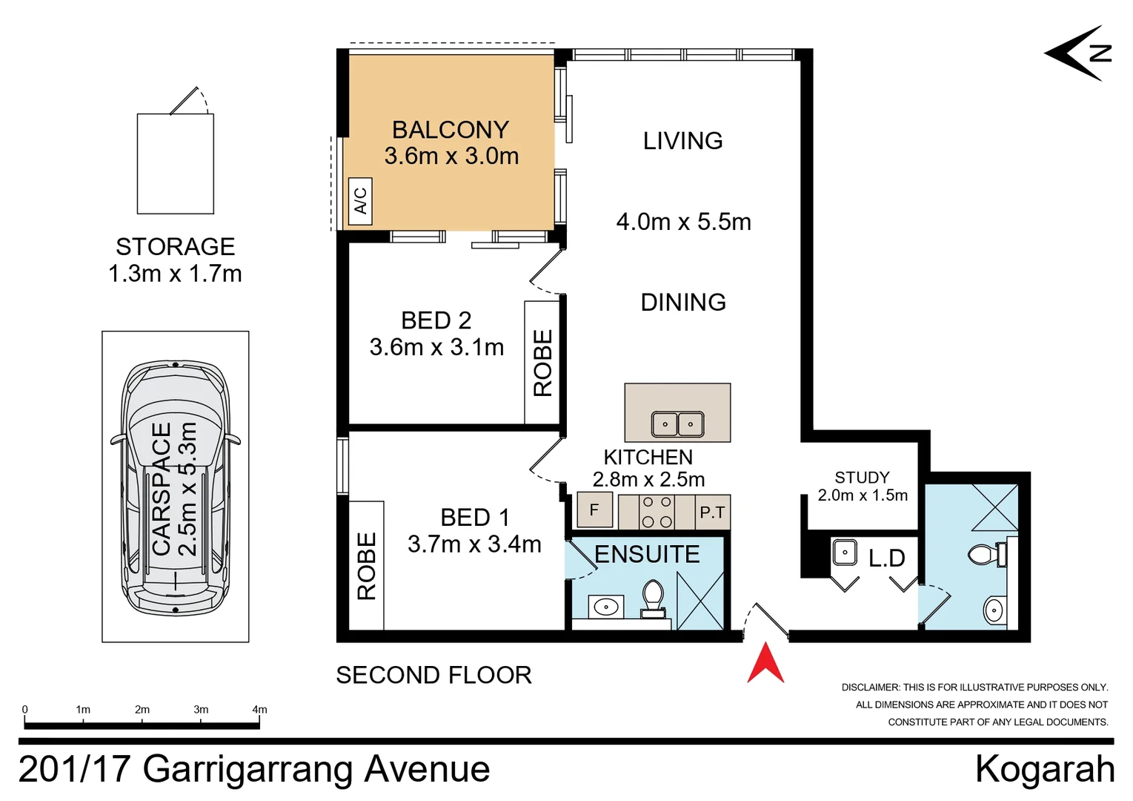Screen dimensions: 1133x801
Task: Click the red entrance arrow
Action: click(x=765, y=665)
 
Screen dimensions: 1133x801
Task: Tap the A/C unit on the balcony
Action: click(x=360, y=201)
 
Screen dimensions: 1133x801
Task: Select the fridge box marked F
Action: click(x=594, y=510)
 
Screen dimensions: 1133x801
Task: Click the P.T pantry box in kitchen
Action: click(x=713, y=512)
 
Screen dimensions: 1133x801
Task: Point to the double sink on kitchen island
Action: click(x=677, y=423)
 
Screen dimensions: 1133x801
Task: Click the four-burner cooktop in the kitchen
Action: click(x=657, y=512)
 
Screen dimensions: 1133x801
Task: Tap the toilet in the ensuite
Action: click(x=653, y=599)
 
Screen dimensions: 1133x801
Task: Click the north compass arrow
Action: click(x=1078, y=53)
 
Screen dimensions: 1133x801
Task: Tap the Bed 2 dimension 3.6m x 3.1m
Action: click(x=436, y=347)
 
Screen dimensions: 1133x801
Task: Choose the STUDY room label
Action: click(x=862, y=478)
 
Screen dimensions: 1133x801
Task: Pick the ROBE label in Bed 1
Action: click(x=367, y=566)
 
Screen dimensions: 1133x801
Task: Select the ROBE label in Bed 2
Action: click(x=542, y=363)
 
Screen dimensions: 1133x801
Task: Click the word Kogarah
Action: click(x=1045, y=769)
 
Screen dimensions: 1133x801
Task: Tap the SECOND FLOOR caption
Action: click(x=433, y=675)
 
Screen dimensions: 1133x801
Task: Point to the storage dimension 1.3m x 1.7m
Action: click(x=175, y=274)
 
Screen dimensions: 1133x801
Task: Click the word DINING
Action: click(x=683, y=303)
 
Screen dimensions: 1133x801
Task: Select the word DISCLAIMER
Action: click(x=871, y=687)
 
